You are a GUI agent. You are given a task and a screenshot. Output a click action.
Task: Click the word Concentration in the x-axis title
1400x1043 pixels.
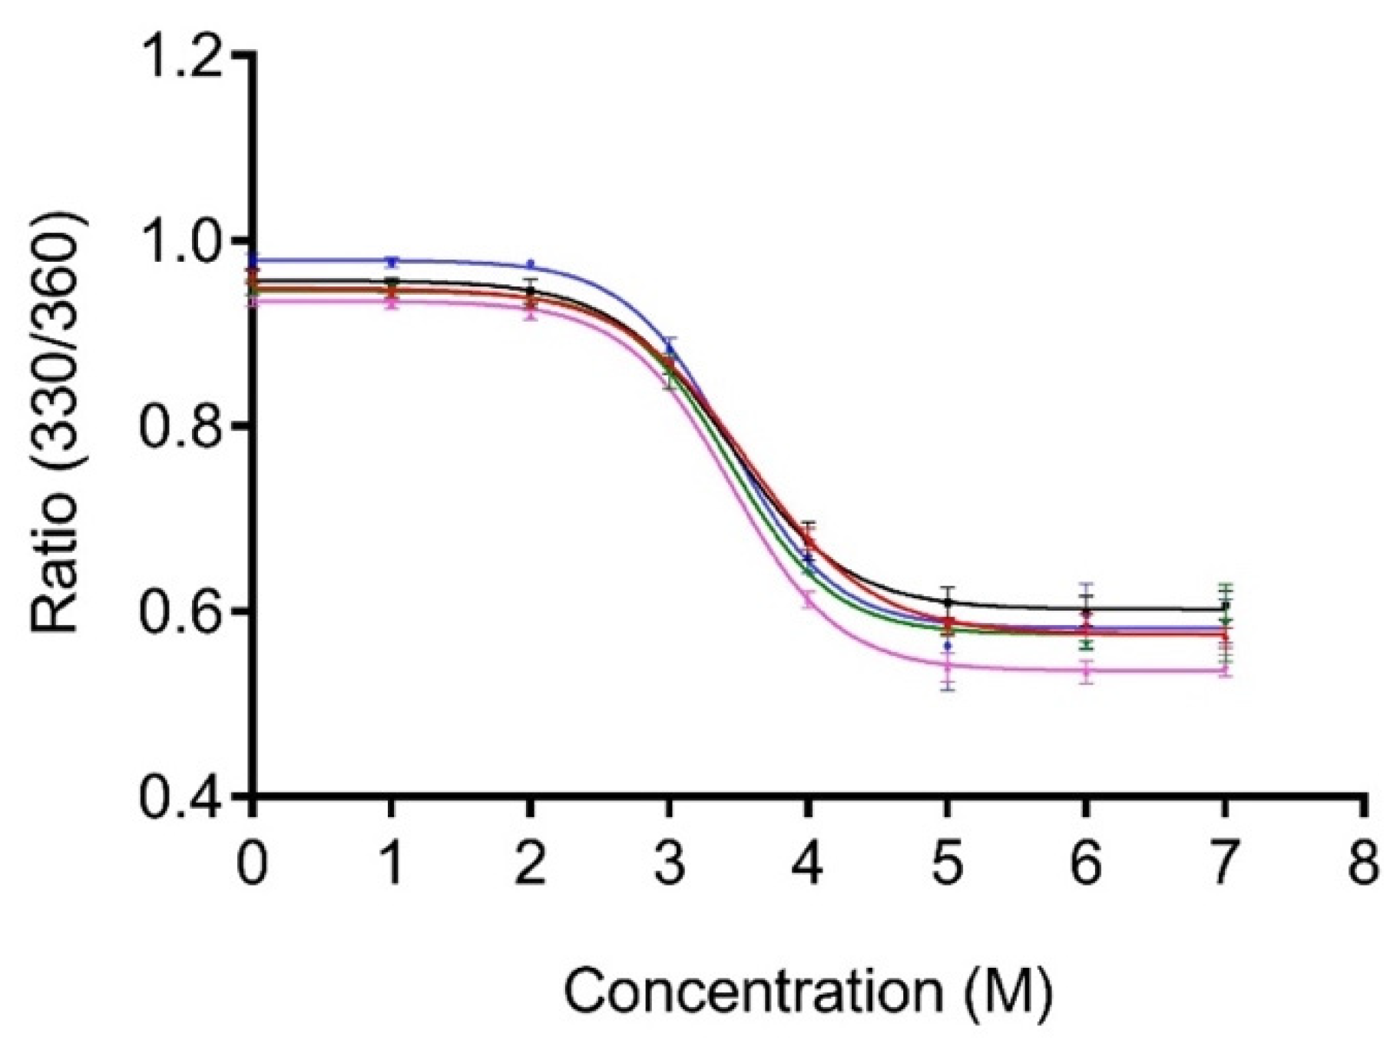click(x=753, y=991)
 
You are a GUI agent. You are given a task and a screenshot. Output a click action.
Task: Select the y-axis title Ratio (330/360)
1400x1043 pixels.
click(x=55, y=422)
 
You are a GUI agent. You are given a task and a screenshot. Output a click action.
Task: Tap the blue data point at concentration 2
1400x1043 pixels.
click(x=530, y=264)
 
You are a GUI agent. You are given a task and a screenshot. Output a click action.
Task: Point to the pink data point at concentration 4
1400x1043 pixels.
click(x=808, y=598)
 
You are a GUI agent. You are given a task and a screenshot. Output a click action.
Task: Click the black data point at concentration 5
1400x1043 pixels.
click(x=948, y=601)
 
